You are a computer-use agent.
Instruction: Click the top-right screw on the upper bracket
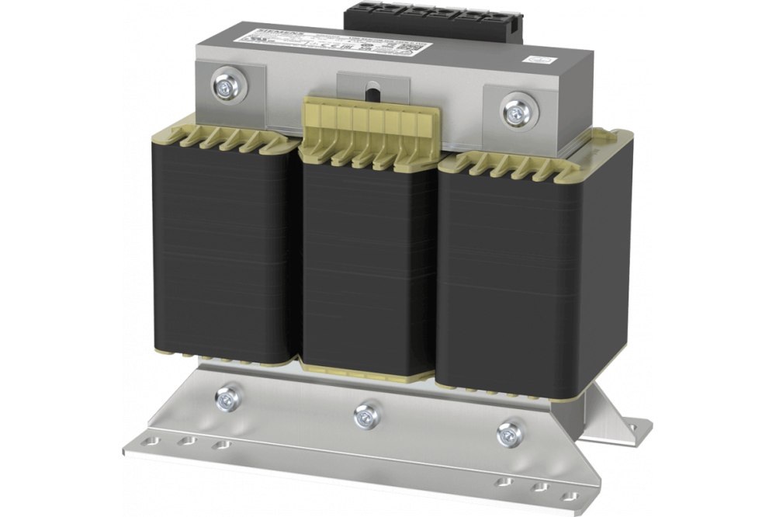tap(513, 109)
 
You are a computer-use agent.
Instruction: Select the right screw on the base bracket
tap(508, 432)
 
